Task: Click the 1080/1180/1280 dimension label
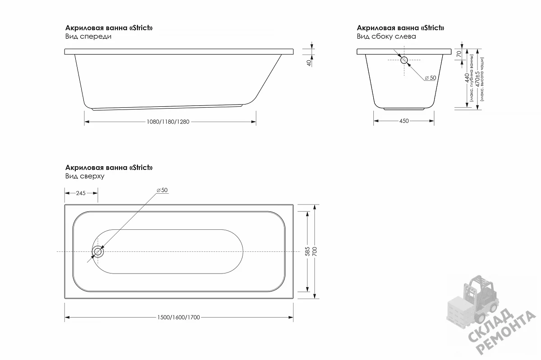[x=168, y=122]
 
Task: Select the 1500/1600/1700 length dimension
[x=179, y=317]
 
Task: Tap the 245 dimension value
[x=81, y=193]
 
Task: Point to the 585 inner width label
[x=307, y=251]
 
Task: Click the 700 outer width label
[x=315, y=251]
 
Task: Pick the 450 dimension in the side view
[x=404, y=121]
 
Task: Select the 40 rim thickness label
[x=309, y=63]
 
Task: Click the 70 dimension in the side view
[x=459, y=54]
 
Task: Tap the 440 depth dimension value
[x=467, y=78]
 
